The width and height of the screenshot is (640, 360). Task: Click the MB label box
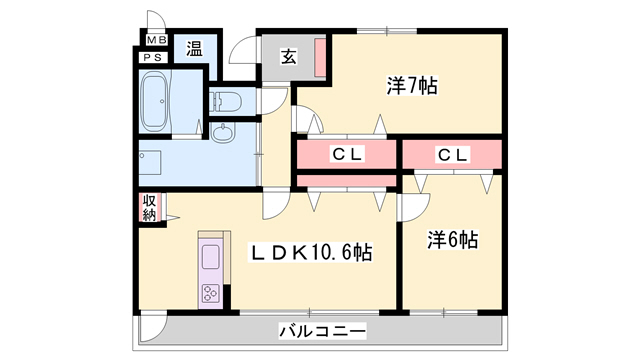(156, 41)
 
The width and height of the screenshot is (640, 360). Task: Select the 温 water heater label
(193, 48)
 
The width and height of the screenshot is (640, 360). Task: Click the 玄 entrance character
(287, 57)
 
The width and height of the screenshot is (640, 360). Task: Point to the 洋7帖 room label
(411, 85)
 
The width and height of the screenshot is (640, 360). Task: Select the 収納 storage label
(149, 207)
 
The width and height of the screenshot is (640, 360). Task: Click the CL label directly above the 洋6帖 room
(451, 155)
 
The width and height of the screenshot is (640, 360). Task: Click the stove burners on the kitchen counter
(212, 293)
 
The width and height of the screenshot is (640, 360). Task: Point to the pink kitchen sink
(212, 257)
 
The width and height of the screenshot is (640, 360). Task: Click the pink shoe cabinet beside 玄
(320, 58)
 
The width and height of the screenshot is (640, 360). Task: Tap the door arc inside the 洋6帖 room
(411, 207)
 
